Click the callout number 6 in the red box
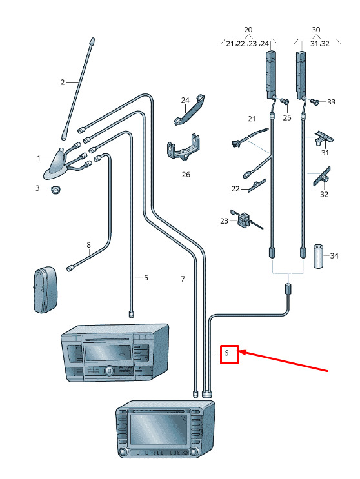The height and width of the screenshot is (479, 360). [x=226, y=353]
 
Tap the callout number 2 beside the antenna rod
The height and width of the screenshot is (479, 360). [x=63, y=82]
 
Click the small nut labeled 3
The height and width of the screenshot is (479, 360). [x=55, y=190]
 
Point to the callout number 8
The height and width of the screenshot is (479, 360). [x=88, y=245]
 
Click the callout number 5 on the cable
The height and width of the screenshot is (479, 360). [x=146, y=278]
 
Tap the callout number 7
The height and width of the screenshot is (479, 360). [x=183, y=279]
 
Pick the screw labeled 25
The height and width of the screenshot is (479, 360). [x=285, y=101]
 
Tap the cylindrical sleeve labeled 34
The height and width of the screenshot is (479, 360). [x=319, y=256]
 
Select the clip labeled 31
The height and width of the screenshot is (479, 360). [x=325, y=138]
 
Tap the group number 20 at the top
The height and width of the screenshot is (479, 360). [x=248, y=30]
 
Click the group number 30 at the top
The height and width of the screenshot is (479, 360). [x=316, y=30]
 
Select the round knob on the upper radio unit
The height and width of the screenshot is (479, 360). [x=108, y=371]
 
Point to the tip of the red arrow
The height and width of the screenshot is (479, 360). [x=239, y=352]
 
